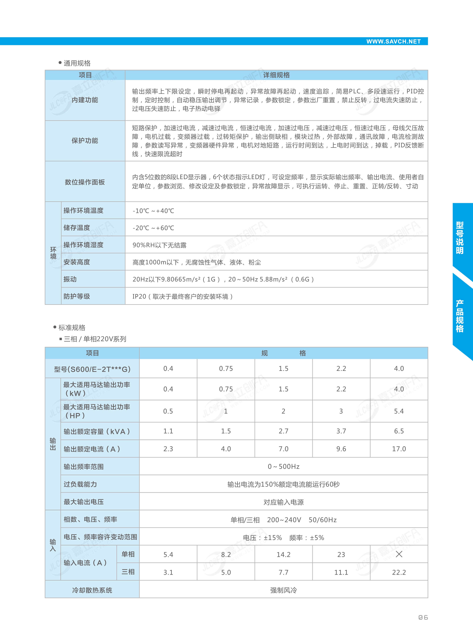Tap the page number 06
[423, 617]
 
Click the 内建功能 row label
[85, 100]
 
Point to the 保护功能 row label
[85, 141]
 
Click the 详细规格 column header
[276, 75]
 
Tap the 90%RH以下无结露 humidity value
[160, 245]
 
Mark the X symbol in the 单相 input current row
[399, 554]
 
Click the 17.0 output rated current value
[399, 449]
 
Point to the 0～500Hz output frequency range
[283, 467]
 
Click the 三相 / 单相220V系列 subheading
[95, 339]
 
